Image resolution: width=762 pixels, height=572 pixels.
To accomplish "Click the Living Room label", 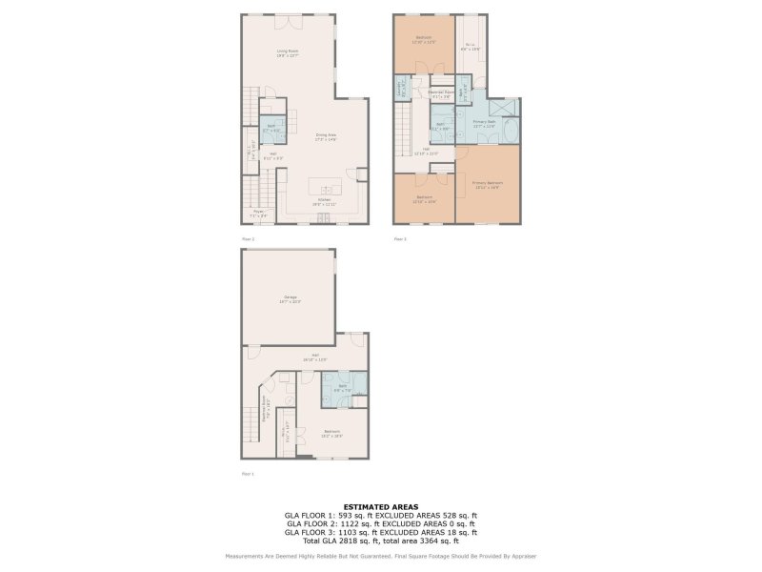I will click(x=288, y=52).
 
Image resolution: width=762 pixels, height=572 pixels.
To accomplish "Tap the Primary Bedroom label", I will click(x=488, y=184).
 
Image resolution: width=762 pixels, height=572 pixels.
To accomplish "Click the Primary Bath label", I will click(x=484, y=123).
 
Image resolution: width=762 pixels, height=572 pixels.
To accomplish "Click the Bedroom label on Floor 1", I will click(x=331, y=434).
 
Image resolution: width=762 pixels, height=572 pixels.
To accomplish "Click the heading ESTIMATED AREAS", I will click(x=380, y=507).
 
